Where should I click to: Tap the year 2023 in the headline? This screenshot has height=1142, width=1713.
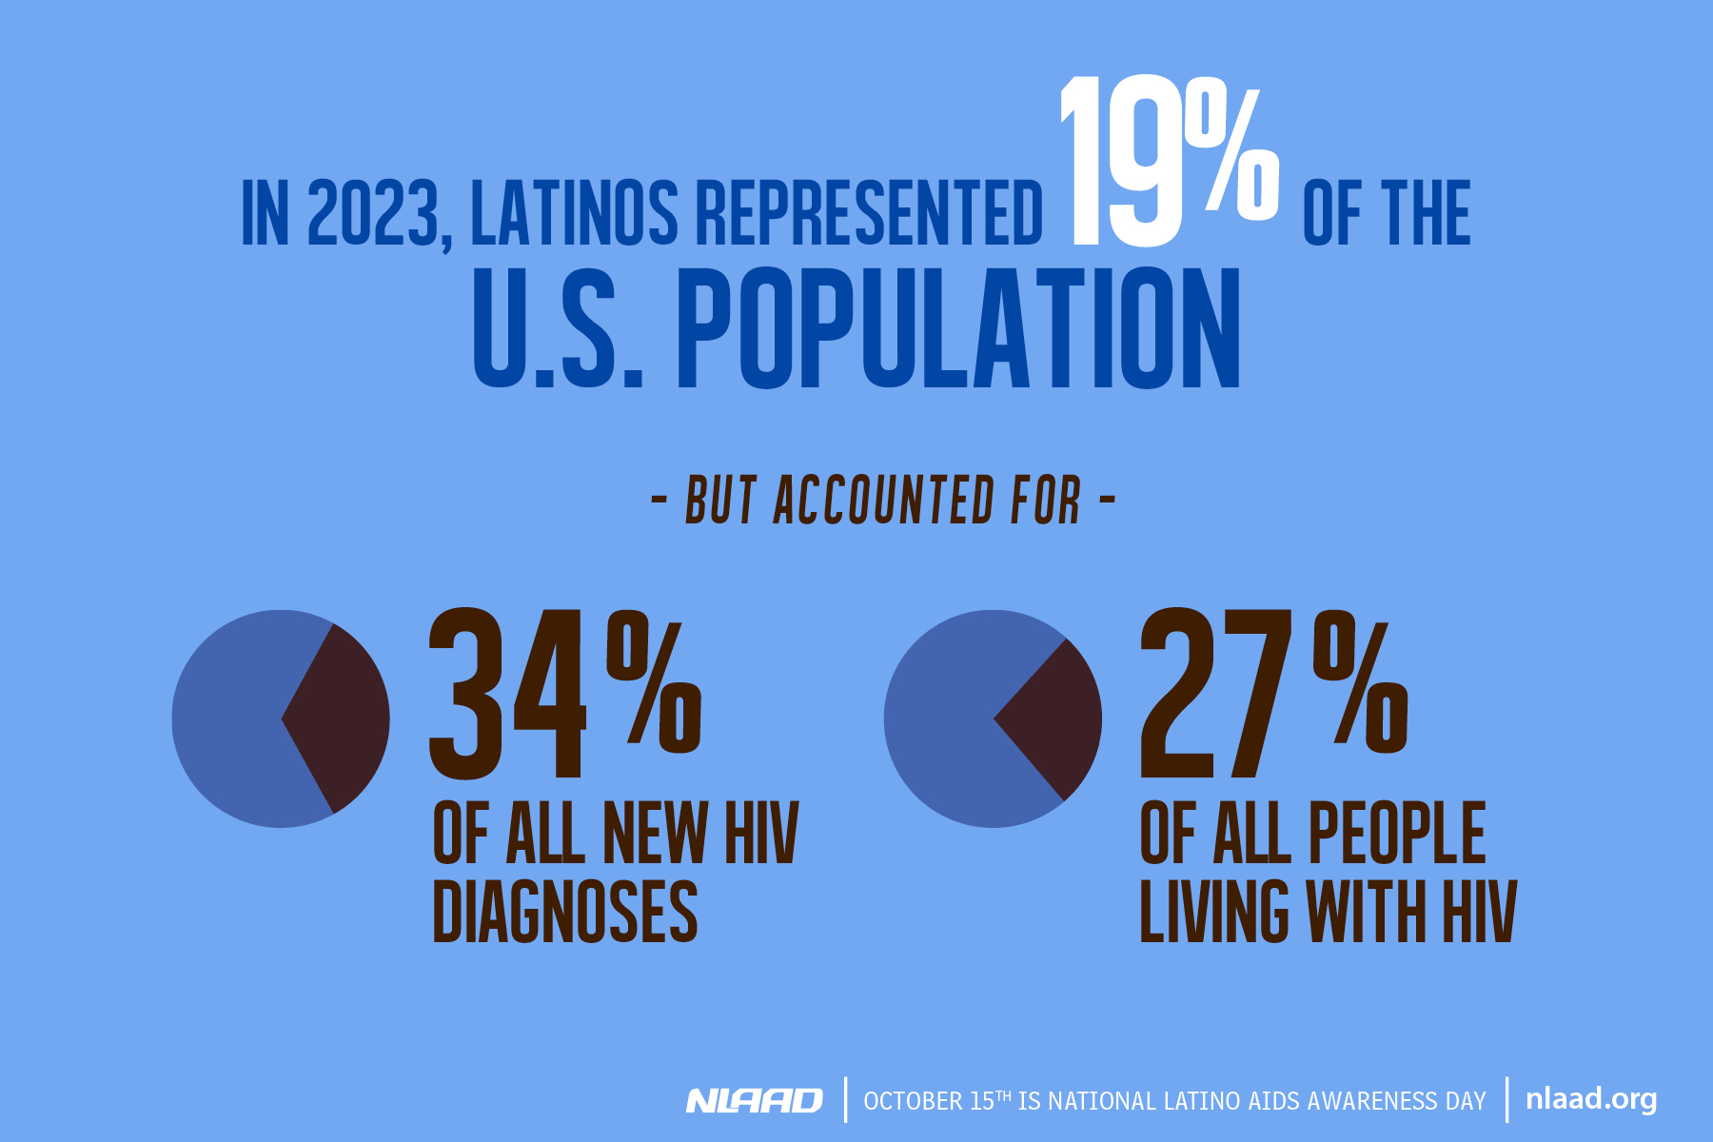pos(371,213)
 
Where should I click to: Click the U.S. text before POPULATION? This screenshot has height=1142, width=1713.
pos(558,327)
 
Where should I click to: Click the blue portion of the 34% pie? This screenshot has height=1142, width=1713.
pos(228,719)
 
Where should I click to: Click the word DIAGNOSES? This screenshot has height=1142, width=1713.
pos(565,912)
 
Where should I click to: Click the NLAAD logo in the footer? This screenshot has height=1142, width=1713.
pos(754,1101)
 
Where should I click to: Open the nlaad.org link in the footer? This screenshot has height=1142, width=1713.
pos(1590,1099)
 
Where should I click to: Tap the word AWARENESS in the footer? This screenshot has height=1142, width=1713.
pos(1371,1101)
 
